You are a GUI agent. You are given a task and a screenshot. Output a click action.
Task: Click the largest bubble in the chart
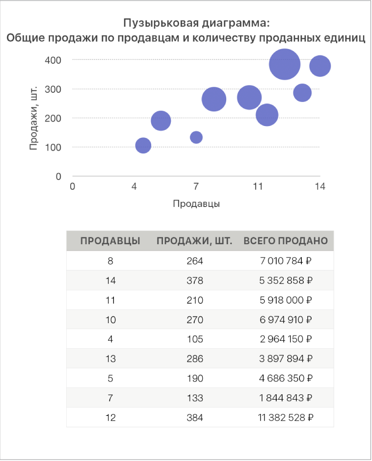coord(285,64)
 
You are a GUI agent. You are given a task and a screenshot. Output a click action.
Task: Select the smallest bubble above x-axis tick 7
coord(196,137)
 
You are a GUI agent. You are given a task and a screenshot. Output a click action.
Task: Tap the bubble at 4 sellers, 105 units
coord(143,145)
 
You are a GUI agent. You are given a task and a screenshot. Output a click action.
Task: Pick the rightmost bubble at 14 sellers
coord(320,66)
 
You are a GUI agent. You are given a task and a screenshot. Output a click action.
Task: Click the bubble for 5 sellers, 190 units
coord(161,120)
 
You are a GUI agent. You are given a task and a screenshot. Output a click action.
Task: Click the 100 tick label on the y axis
coord(54,147)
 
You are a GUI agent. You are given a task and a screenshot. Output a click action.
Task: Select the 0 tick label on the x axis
coord(73,186)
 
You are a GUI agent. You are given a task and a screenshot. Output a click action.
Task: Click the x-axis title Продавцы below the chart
coord(196,204)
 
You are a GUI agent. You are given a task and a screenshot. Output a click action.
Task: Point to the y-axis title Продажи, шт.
coord(33,118)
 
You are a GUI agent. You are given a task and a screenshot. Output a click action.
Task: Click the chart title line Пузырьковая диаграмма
coord(196,24)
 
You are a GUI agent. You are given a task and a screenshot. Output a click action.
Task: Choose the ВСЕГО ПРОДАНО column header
coord(286,241)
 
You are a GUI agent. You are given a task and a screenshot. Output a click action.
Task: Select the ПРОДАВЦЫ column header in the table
coord(110,241)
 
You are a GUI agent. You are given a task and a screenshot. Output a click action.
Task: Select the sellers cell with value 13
coord(110,359)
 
